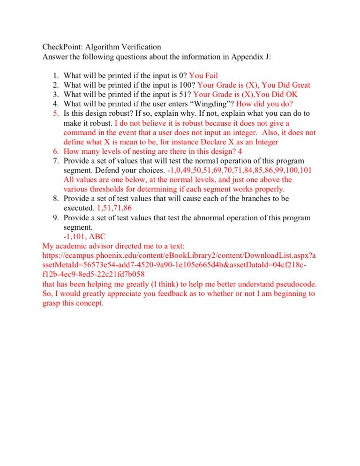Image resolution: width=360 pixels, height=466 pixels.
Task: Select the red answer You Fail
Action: pyautogui.click(x=203, y=75)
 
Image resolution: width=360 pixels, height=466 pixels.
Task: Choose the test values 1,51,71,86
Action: pyautogui.click(x=104, y=208)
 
